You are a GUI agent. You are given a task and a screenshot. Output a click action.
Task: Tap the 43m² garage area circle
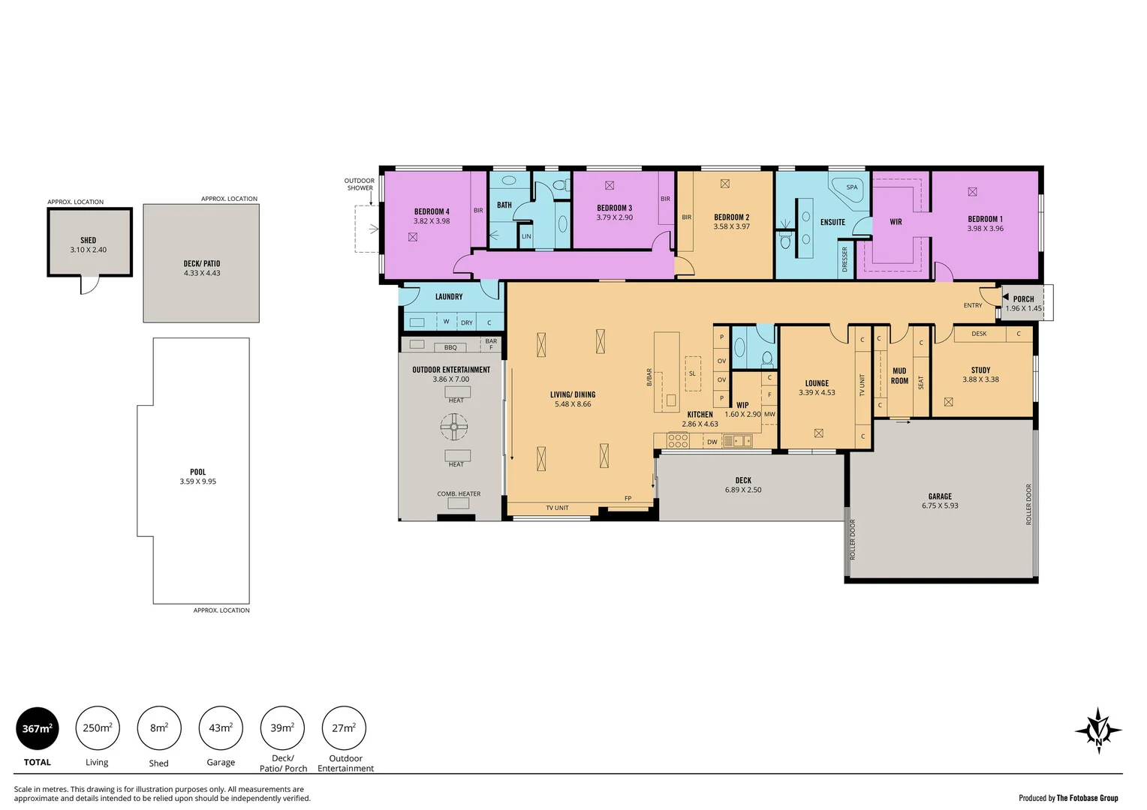coord(221,728)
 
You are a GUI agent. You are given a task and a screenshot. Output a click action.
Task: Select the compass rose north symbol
coord(1098,730)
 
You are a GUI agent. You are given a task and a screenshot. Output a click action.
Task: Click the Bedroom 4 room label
coord(432,211)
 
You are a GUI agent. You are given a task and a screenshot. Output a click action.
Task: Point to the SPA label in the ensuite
coord(852,187)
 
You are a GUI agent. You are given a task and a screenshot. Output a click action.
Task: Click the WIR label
coord(896,222)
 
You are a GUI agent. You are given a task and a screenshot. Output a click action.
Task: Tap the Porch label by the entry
coord(1023,298)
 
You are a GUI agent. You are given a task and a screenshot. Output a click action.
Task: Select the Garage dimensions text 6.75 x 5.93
coord(940,506)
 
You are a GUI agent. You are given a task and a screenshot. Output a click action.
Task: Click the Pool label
coord(197,472)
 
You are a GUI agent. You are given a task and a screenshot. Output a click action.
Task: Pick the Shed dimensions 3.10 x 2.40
coord(89,250)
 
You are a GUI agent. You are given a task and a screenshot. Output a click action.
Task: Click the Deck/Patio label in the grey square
coord(202,264)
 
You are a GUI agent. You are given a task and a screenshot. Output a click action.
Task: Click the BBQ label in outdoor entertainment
coord(450,347)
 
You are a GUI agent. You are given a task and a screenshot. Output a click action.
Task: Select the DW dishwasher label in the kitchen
coord(712,442)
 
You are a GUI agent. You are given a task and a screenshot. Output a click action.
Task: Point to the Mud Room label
coord(899,376)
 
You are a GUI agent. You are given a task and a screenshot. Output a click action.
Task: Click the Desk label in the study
coord(979,334)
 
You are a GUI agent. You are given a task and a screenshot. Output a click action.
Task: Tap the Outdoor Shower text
coord(360,184)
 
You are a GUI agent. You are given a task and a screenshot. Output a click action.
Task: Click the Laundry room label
coord(449,297)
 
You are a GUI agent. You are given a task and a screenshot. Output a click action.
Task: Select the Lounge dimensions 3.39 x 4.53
coord(817,393)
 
